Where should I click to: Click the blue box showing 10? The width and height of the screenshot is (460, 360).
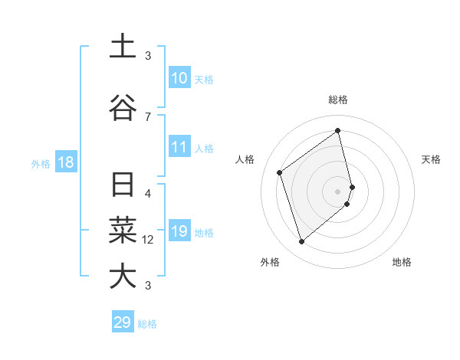coord(179,78)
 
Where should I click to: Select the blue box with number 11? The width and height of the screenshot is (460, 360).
coord(179,148)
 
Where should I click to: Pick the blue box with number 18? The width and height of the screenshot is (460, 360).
coord(65,163)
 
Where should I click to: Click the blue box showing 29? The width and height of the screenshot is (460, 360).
coord(123,322)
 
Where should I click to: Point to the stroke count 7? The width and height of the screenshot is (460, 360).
coord(148,116)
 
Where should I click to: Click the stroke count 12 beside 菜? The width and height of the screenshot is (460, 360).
coord(148,240)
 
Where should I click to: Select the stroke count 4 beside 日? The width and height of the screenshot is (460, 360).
coord(148,193)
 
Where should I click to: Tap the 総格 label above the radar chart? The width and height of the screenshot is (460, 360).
coord(338,100)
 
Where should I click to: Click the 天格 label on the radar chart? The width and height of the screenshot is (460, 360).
coord(431,159)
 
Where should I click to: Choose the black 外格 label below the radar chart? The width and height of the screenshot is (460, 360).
coord(269,262)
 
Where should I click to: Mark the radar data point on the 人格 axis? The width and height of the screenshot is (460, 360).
coord(280,172)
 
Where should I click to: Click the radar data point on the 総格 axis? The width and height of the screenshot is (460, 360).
coord(338,131)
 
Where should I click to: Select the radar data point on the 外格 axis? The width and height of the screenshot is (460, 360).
coord(301,242)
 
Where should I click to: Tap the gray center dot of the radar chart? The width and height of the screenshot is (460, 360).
coord(338,191)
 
